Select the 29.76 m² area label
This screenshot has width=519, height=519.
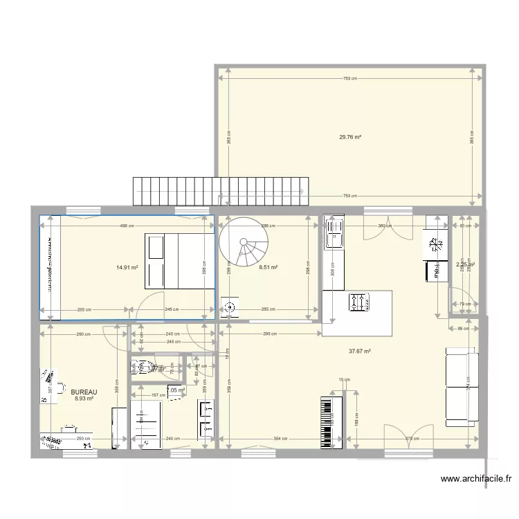(x=350, y=137)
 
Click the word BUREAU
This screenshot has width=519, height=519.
(x=84, y=392)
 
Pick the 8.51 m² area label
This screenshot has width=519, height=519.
(x=268, y=267)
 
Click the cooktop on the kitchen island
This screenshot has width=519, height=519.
(x=358, y=302)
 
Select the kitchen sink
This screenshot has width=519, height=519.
(x=336, y=232)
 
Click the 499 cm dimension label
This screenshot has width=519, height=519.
(x=124, y=226)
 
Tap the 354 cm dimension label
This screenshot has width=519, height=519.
(x=280, y=438)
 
